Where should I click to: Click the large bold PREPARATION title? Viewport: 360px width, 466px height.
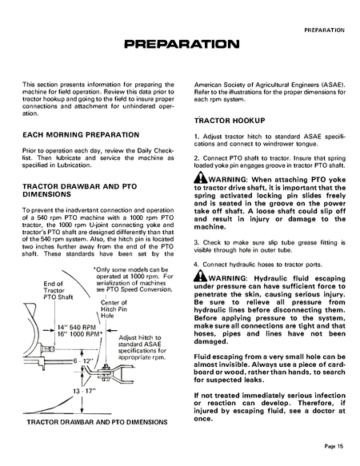point(179,42)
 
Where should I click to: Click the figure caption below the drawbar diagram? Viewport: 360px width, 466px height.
point(98,420)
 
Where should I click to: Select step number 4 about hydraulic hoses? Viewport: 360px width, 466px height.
point(197,263)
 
